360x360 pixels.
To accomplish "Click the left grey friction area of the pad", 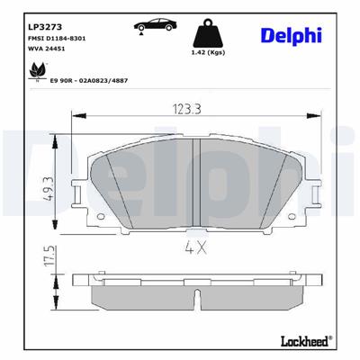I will click(x=144, y=180).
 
